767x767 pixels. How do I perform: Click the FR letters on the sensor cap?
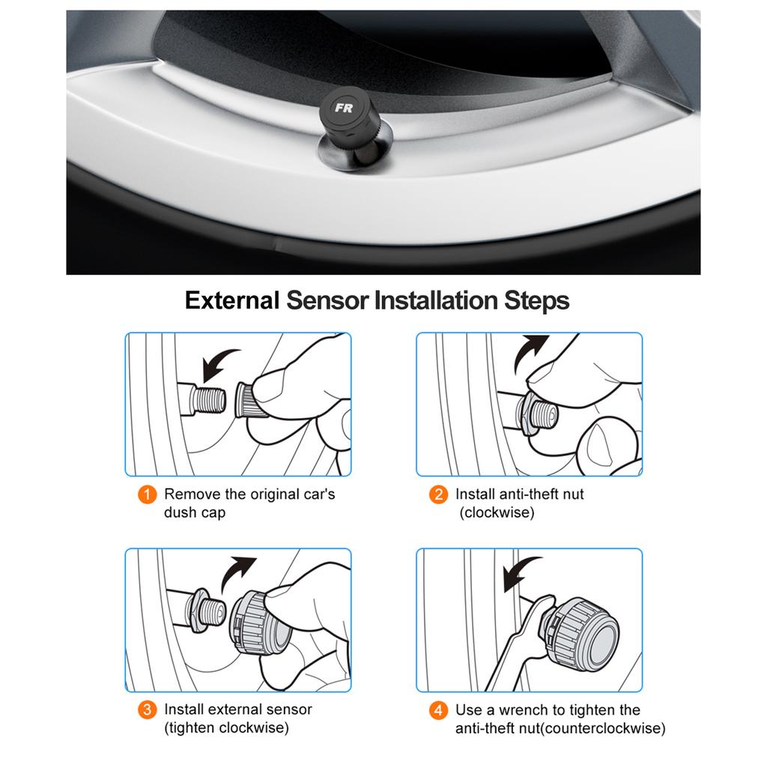click(343, 108)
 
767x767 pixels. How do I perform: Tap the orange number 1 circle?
click(148, 494)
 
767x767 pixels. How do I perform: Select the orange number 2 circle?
click(438, 494)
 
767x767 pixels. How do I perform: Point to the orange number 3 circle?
click(148, 710)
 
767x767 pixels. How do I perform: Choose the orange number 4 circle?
click(438, 710)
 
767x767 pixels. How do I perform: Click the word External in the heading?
click(232, 300)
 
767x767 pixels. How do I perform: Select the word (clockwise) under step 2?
click(497, 512)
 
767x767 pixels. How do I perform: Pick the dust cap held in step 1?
click(249, 400)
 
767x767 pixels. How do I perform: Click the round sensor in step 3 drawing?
click(259, 624)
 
